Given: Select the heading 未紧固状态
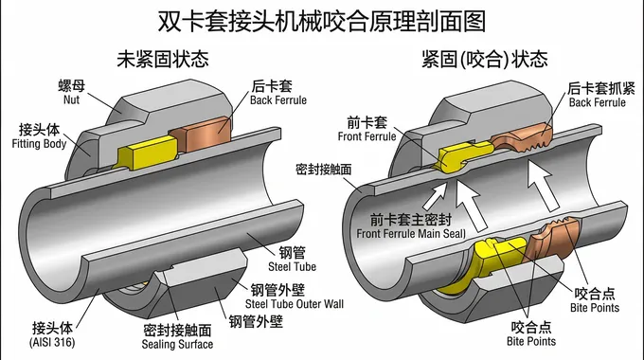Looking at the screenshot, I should point(162,59).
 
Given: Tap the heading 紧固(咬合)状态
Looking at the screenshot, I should point(484,59).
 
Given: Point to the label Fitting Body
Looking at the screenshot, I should point(39,144).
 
